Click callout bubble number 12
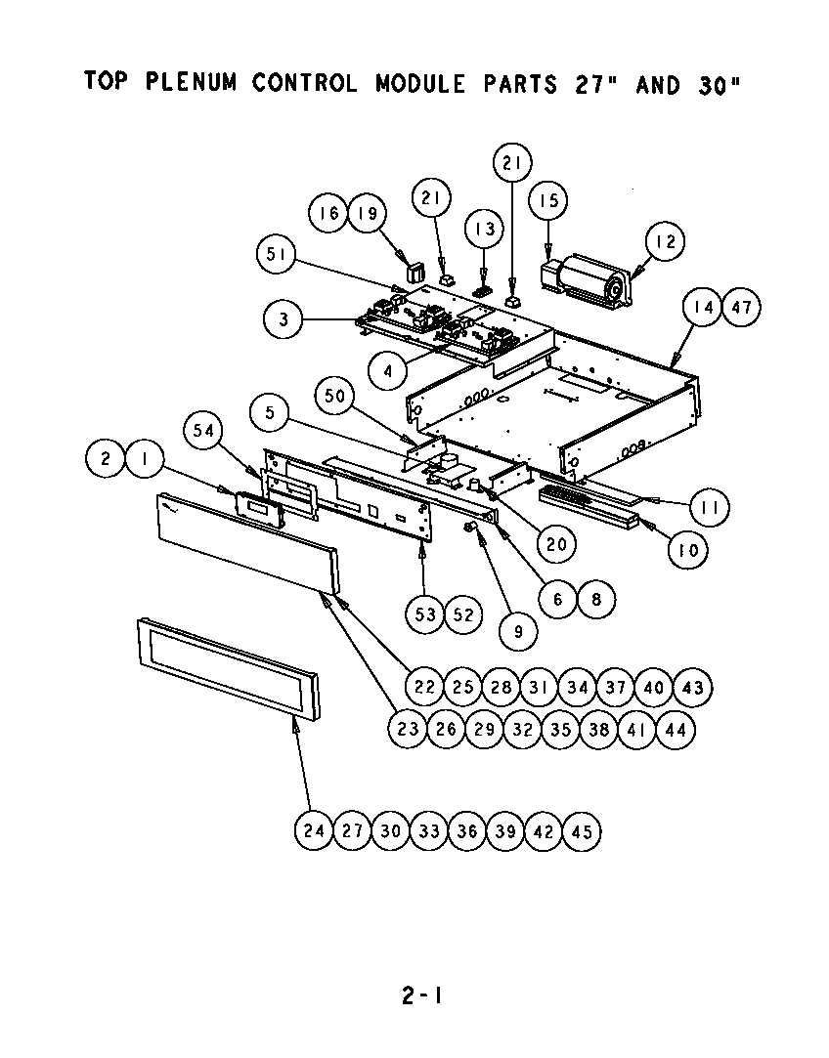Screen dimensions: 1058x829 (665, 241)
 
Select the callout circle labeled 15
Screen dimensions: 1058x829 (548, 201)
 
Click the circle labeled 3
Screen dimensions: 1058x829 (283, 318)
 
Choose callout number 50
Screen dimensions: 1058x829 (334, 396)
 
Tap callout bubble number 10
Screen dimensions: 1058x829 (688, 550)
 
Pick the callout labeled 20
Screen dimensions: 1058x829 (555, 544)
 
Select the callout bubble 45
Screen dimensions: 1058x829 (582, 831)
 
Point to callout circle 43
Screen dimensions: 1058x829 (692, 688)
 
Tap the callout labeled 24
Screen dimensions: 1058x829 (314, 831)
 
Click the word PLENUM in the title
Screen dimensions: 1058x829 (192, 82)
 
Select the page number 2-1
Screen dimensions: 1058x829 (421, 996)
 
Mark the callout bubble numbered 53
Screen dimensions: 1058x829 (425, 614)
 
